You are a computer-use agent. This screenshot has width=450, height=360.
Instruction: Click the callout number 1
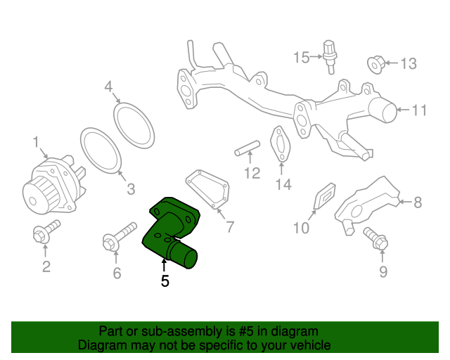click(35, 143)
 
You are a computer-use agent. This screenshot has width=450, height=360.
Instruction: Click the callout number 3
click(130, 189)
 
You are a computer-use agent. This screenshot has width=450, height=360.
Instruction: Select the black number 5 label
click(165, 281)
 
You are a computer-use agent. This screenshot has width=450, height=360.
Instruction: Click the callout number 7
click(230, 227)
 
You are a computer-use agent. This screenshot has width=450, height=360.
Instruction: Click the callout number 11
click(420, 110)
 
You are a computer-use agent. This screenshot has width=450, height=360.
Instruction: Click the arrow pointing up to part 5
click(165, 264)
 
